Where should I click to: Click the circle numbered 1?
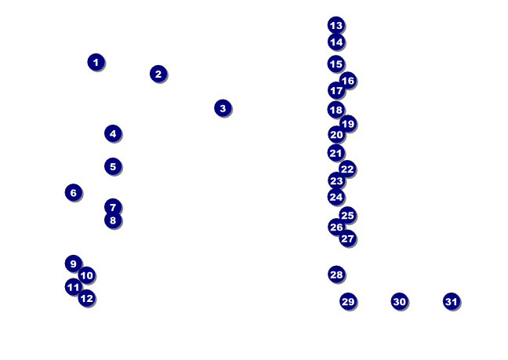pyautogui.click(x=96, y=62)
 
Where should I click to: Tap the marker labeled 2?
pyautogui.click(x=158, y=74)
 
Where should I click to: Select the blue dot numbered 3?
pyautogui.click(x=223, y=108)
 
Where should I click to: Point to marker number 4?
pyautogui.click(x=113, y=133)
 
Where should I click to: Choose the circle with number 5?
pyautogui.click(x=113, y=166)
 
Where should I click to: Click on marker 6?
pyautogui.click(x=73, y=192)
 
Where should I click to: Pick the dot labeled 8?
pyautogui.click(x=113, y=220)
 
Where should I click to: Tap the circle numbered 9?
pyautogui.click(x=73, y=264)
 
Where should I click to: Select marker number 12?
pyautogui.click(x=86, y=298)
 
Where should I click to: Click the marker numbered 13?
pyautogui.click(x=336, y=25)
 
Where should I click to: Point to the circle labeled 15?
pyautogui.click(x=336, y=64)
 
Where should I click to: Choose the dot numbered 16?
pyautogui.click(x=347, y=81)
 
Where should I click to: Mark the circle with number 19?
pyautogui.click(x=348, y=124)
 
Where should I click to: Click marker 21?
pyautogui.click(x=336, y=153)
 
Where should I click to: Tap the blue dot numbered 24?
pyautogui.click(x=336, y=197)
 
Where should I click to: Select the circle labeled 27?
pyautogui.click(x=347, y=238)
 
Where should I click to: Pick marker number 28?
pyautogui.click(x=336, y=275)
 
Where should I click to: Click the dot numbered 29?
pyautogui.click(x=348, y=301)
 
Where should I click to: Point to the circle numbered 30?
pyautogui.click(x=399, y=301)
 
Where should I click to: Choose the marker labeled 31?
pyautogui.click(x=451, y=301)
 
